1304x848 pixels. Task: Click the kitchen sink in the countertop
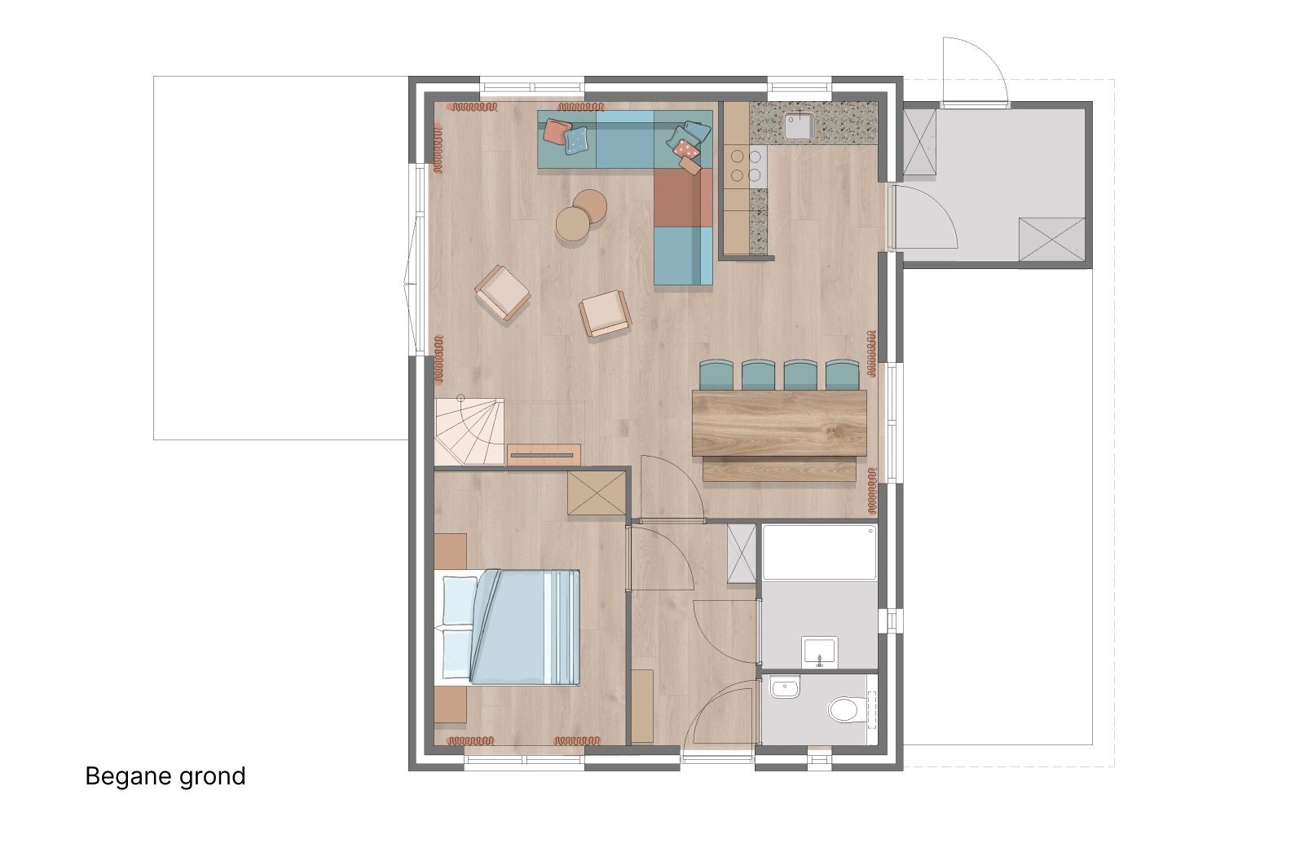(799, 126)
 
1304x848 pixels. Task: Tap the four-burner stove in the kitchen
(747, 166)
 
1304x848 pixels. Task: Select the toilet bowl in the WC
(845, 709)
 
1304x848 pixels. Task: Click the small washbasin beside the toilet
(786, 687)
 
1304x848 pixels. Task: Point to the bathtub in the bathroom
(819, 553)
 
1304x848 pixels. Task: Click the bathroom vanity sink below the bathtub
(820, 652)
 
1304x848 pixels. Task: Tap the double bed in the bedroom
(507, 627)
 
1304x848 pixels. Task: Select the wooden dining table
(779, 423)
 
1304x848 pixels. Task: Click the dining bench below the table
(779, 470)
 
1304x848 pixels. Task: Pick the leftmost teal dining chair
(716, 374)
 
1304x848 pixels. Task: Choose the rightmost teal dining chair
(843, 374)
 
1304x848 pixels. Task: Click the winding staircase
(469, 431)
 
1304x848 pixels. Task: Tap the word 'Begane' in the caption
(128, 777)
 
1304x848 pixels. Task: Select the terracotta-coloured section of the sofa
(683, 197)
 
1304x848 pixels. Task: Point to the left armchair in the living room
(502, 293)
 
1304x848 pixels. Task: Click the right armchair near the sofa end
(606, 313)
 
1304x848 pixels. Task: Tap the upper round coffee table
(590, 206)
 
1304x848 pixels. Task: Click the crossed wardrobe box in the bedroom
(597, 493)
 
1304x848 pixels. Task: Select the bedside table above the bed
(451, 551)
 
